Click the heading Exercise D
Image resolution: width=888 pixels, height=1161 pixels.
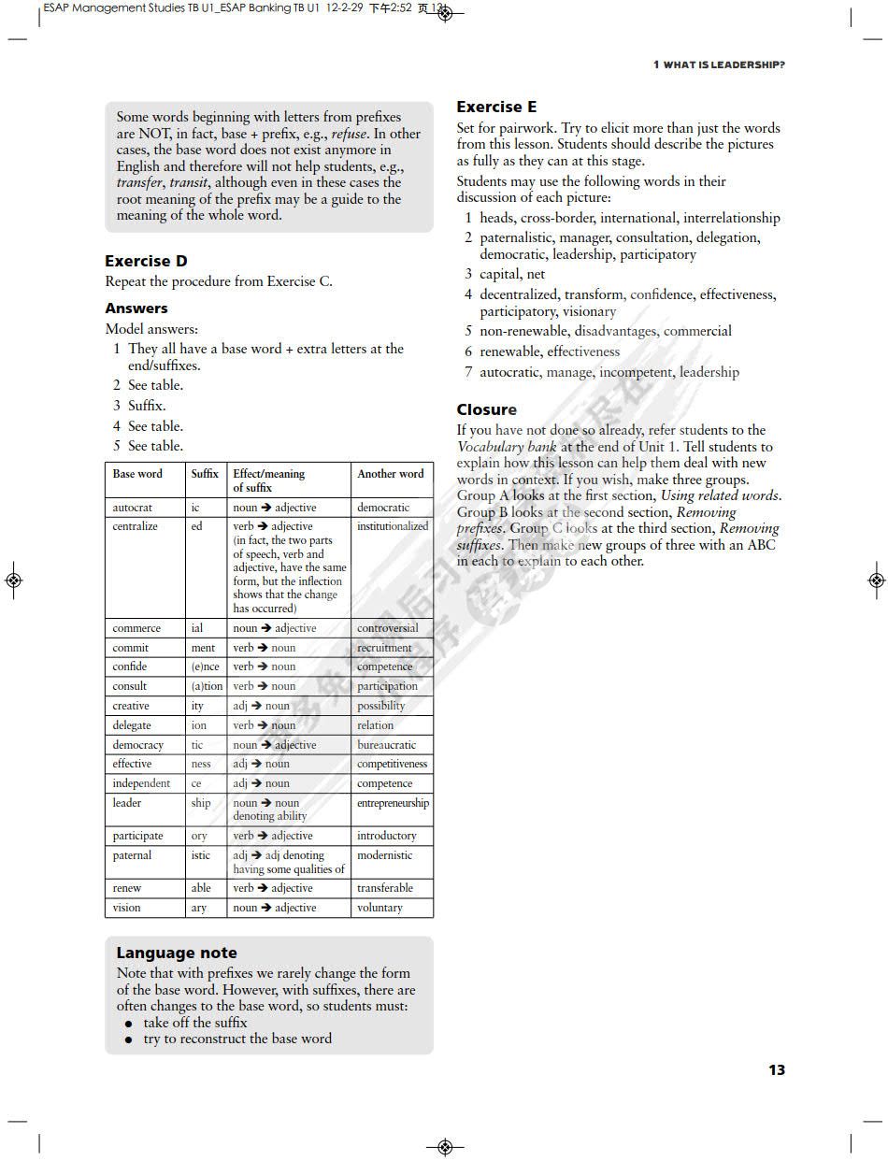(x=146, y=261)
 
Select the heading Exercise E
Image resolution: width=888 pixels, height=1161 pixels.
(x=496, y=107)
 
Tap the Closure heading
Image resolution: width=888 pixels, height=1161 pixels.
(x=486, y=409)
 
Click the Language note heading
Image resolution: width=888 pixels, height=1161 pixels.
(x=176, y=953)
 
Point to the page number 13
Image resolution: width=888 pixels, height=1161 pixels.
(x=776, y=1069)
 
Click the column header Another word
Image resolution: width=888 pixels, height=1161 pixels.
(x=390, y=474)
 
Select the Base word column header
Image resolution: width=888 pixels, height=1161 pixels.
(x=137, y=474)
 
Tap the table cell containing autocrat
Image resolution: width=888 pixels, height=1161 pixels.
(x=132, y=508)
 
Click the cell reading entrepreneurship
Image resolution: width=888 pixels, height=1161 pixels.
(x=393, y=803)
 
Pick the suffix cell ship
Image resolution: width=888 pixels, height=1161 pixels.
(x=201, y=803)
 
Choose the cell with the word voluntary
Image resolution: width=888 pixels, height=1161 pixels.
(x=380, y=908)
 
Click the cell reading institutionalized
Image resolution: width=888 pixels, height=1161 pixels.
(x=393, y=526)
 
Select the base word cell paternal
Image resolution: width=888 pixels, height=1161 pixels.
(x=132, y=855)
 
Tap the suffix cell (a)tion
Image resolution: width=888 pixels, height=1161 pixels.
(x=207, y=686)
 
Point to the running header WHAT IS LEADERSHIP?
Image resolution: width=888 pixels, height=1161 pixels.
(x=719, y=64)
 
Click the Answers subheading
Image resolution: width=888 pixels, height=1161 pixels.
(x=136, y=308)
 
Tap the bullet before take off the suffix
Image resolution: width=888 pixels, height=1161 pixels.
(x=129, y=1024)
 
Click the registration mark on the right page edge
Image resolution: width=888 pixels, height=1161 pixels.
(x=876, y=580)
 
